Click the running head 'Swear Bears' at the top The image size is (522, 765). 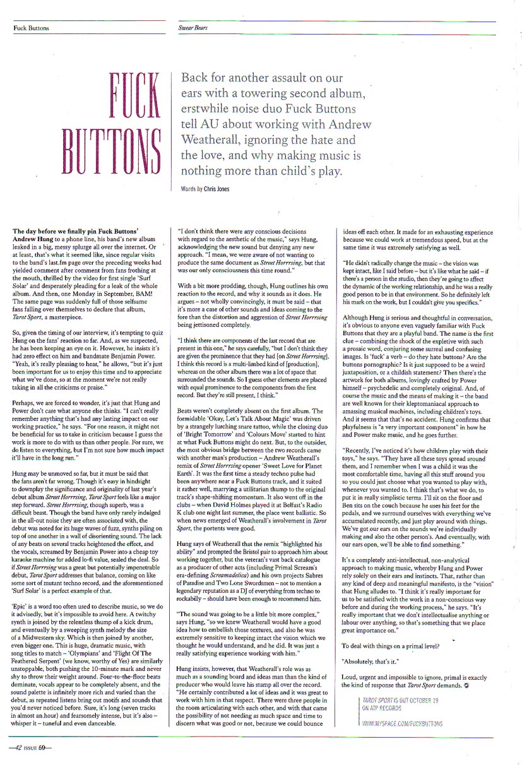193,28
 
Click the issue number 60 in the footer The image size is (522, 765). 42,749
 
